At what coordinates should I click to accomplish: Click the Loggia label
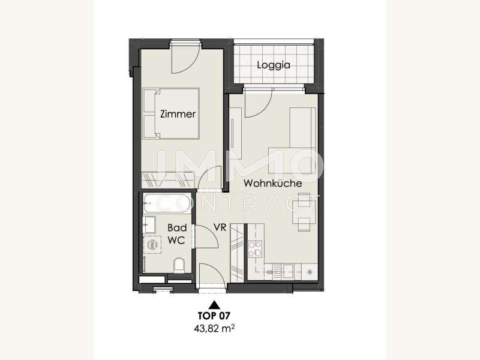tap(274, 65)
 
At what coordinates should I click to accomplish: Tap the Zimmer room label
tap(178, 114)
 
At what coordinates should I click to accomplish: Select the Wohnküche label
tap(273, 184)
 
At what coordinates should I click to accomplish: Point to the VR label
tap(220, 227)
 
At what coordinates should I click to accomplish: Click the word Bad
tap(177, 228)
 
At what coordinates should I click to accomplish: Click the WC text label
tap(176, 241)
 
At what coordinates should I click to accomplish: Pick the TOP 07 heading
tap(214, 316)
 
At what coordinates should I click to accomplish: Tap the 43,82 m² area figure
tap(214, 329)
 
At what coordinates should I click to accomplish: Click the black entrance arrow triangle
tap(214, 305)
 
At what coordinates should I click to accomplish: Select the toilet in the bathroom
tap(179, 265)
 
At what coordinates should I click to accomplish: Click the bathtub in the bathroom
tap(167, 203)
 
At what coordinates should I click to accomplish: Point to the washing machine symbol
tap(152, 245)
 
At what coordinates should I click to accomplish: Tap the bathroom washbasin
tap(149, 224)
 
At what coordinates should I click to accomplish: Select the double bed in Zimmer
tap(171, 113)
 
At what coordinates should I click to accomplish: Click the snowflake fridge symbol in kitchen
tap(310, 272)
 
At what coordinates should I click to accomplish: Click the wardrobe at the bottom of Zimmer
tap(168, 180)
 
